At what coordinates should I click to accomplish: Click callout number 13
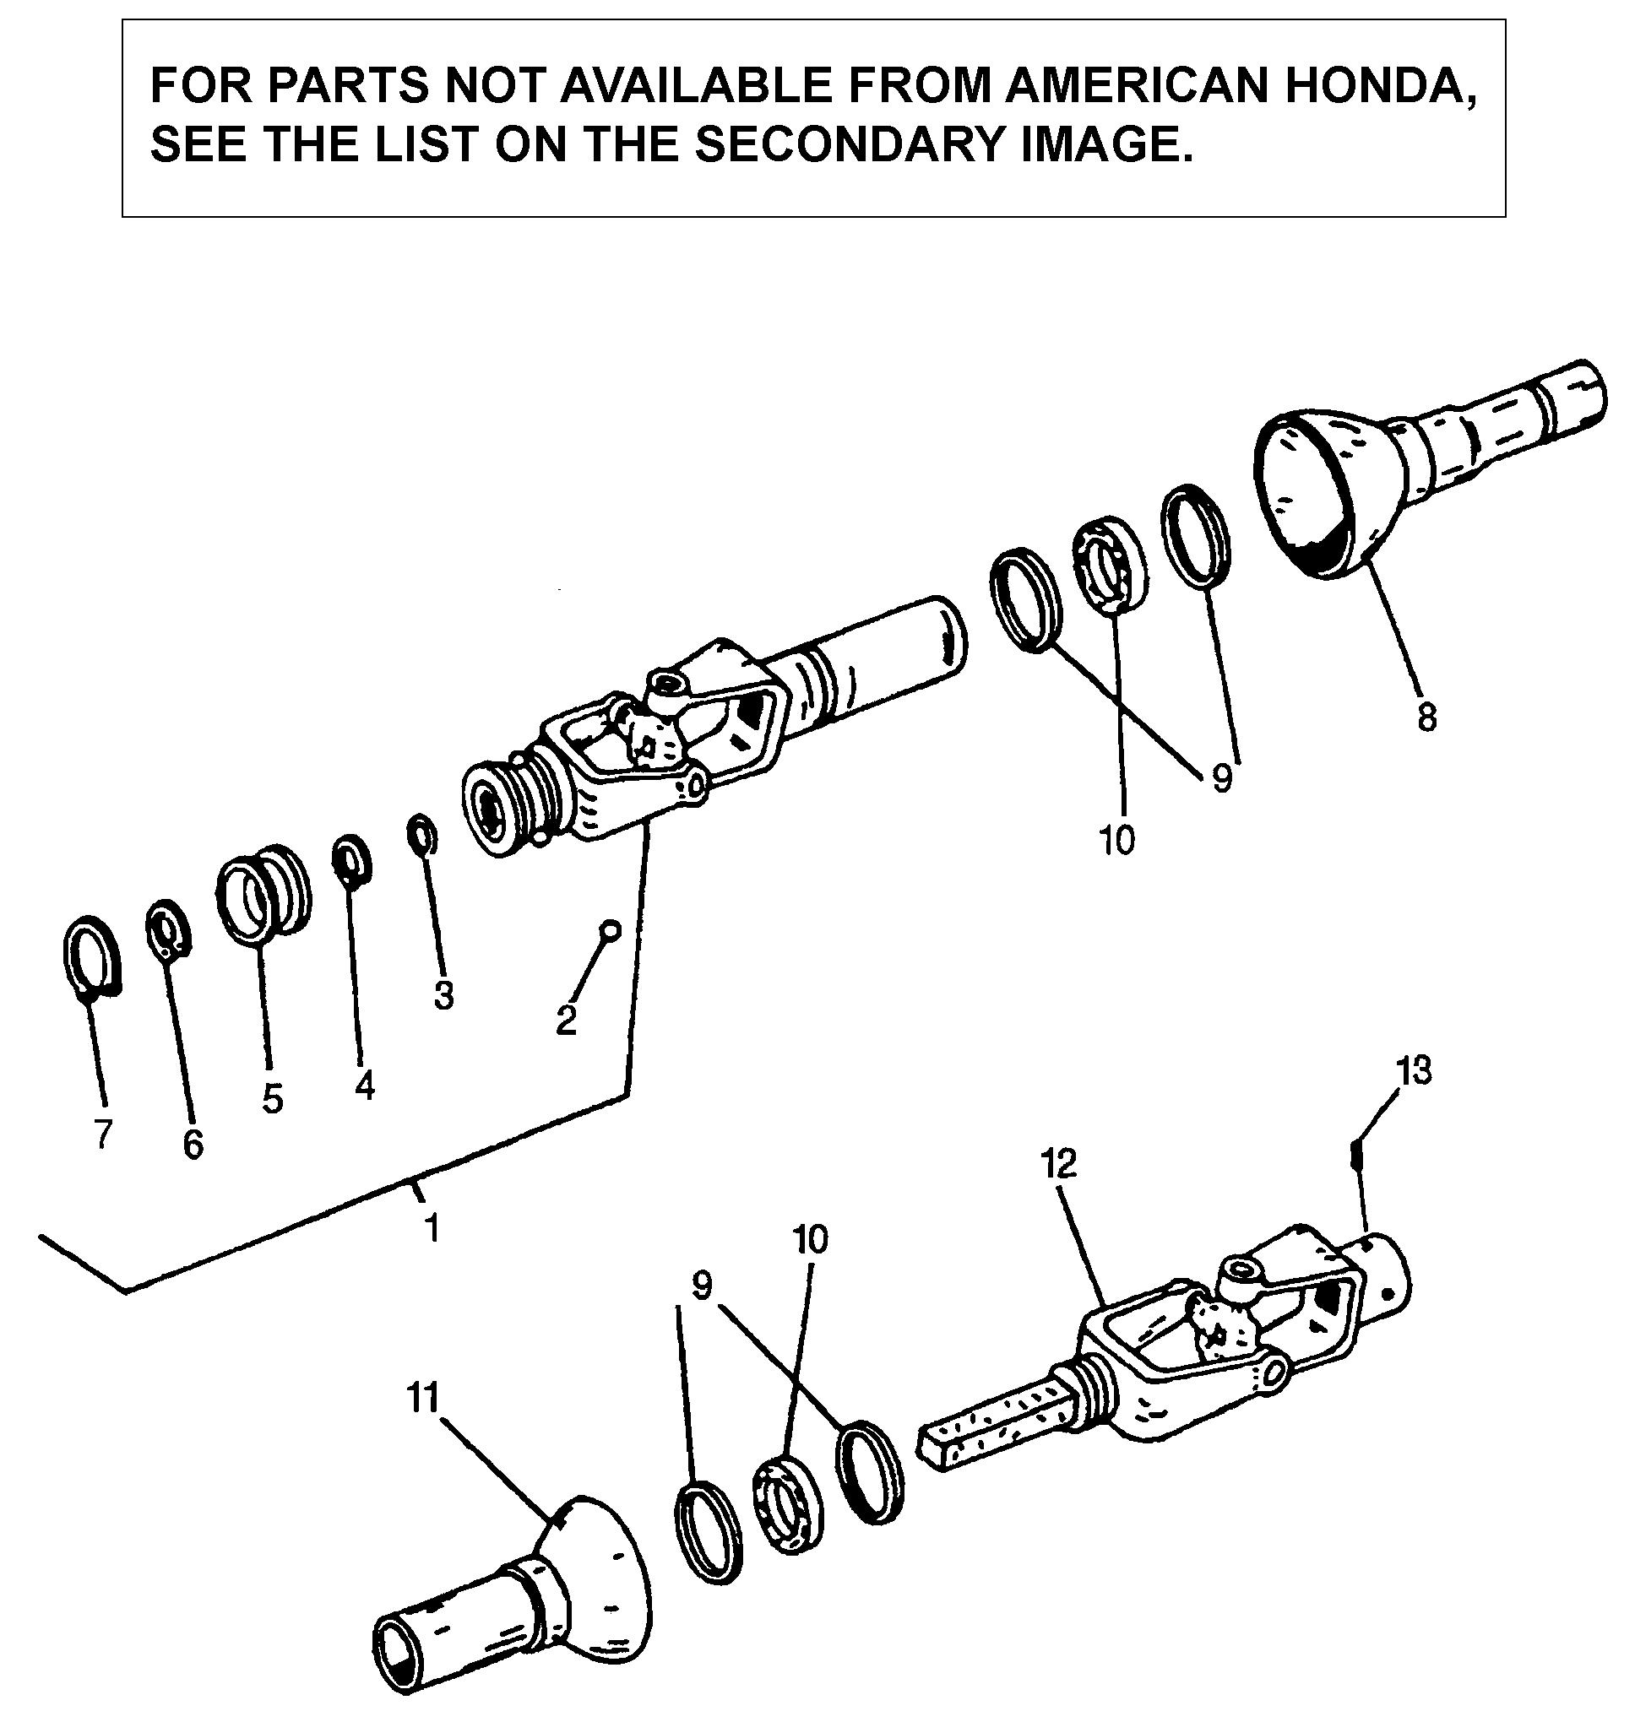click(1414, 1072)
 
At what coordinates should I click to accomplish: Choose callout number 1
click(431, 1228)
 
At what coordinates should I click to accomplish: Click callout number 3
click(443, 995)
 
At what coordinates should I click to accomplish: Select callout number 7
click(103, 1134)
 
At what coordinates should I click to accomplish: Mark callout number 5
click(273, 1099)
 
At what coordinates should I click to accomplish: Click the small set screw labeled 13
click(1355, 1156)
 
